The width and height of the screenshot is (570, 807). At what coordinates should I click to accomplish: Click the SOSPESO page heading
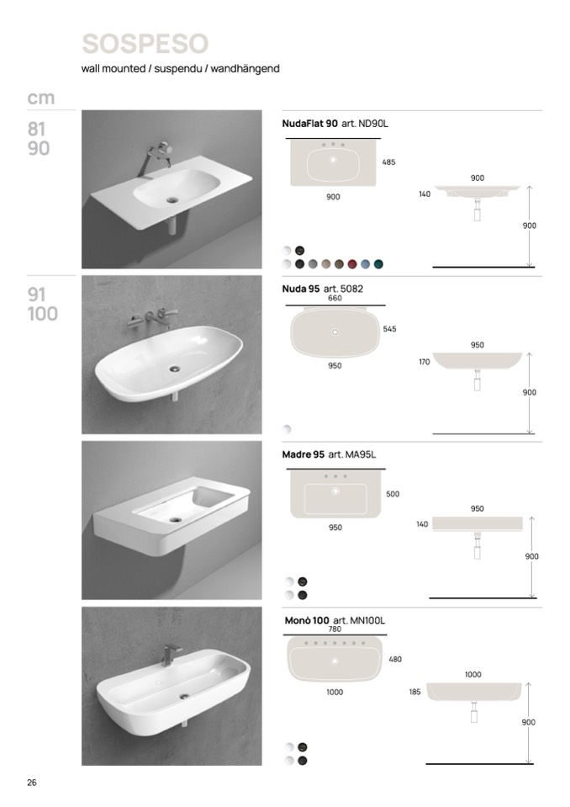coord(145,43)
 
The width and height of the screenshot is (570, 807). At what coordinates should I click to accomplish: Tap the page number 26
coord(32,783)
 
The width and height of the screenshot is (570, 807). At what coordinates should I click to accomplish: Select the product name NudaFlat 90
coord(310,124)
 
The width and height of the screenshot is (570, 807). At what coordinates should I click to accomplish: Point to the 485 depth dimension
coord(388,162)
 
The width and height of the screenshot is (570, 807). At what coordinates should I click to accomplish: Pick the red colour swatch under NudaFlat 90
coord(352,264)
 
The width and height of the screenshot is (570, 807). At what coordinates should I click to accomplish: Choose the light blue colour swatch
coord(366,264)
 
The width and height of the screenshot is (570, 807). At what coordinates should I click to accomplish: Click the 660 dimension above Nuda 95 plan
coord(335,298)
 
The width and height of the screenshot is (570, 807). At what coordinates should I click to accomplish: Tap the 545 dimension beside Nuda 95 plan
coord(389,329)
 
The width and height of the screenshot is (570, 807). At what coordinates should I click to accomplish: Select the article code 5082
coord(351,289)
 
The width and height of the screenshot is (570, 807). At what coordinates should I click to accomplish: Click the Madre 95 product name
coord(303,454)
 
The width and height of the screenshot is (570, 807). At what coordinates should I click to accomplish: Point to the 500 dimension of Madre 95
coord(393,494)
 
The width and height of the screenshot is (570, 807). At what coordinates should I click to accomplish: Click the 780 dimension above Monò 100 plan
coord(335,629)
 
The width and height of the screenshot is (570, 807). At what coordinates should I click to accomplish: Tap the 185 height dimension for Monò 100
coord(414,693)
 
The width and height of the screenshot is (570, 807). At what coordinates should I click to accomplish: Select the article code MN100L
coord(367,621)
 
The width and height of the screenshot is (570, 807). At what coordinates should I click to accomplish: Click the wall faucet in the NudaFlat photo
coord(157,153)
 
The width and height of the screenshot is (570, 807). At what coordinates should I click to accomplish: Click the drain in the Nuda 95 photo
coord(176,368)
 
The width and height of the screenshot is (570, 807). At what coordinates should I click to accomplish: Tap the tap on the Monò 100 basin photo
coord(171,656)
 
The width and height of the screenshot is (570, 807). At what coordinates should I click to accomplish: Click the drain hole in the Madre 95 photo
coord(176,520)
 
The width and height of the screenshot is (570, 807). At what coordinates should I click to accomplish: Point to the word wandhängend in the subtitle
coord(245,68)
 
